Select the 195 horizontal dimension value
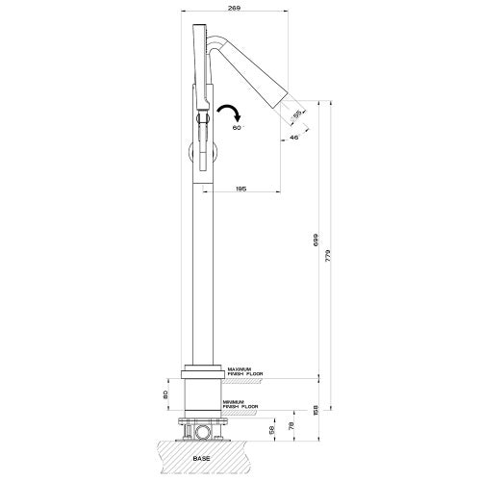tap(240, 190)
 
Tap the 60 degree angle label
tap(238, 127)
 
